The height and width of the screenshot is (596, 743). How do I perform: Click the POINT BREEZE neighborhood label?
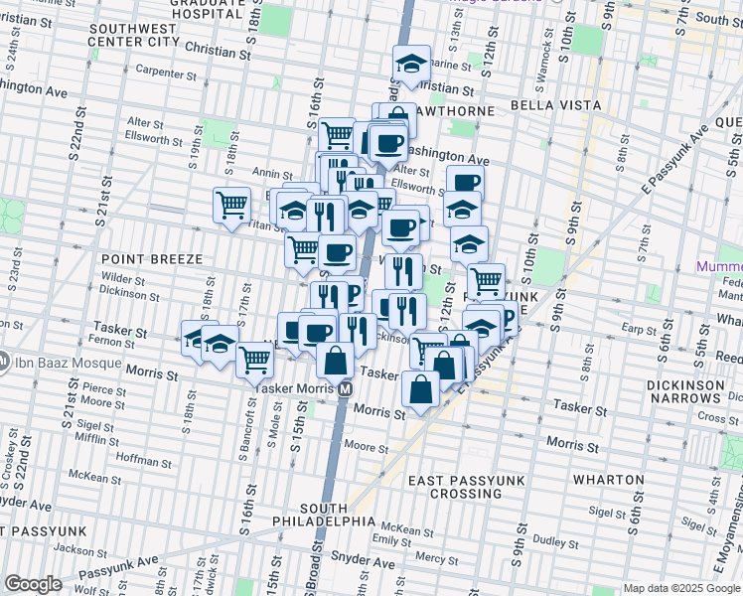pyautogui.click(x=152, y=258)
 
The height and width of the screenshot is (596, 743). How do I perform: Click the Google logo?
pyautogui.click(x=33, y=584)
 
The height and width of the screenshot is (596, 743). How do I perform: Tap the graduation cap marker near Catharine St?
pyautogui.click(x=411, y=64)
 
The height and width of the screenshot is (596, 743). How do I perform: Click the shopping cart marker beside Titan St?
pyautogui.click(x=231, y=205)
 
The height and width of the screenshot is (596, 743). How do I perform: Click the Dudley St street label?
pyautogui.click(x=548, y=541)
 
